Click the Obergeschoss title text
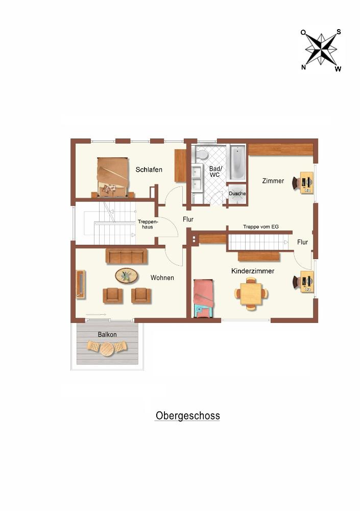click(x=187, y=416)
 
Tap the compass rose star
click(x=321, y=50)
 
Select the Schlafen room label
click(x=149, y=170)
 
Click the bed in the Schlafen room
click(x=112, y=177)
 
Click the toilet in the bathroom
click(x=202, y=154)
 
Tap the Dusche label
click(x=237, y=194)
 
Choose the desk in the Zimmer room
click(x=306, y=183)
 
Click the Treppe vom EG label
click(x=260, y=227)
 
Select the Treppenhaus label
click(x=148, y=224)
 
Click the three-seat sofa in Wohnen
click(x=127, y=256)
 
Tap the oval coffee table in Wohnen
click(x=127, y=276)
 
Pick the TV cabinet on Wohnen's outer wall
click(x=81, y=284)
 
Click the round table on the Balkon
click(x=107, y=349)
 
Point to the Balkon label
click(x=107, y=334)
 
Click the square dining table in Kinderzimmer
click(x=251, y=294)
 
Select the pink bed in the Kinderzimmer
click(x=204, y=298)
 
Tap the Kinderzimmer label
click(x=253, y=271)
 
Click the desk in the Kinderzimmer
click(x=306, y=281)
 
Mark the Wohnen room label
click(x=162, y=277)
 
